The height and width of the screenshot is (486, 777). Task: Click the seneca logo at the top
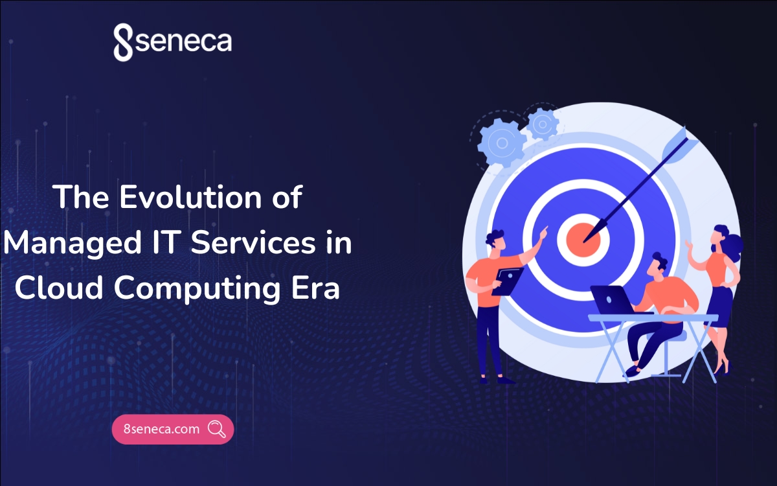pos(172,42)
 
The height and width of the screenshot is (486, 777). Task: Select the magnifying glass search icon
pos(216,429)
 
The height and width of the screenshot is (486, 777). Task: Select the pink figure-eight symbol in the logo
pos(122,43)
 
